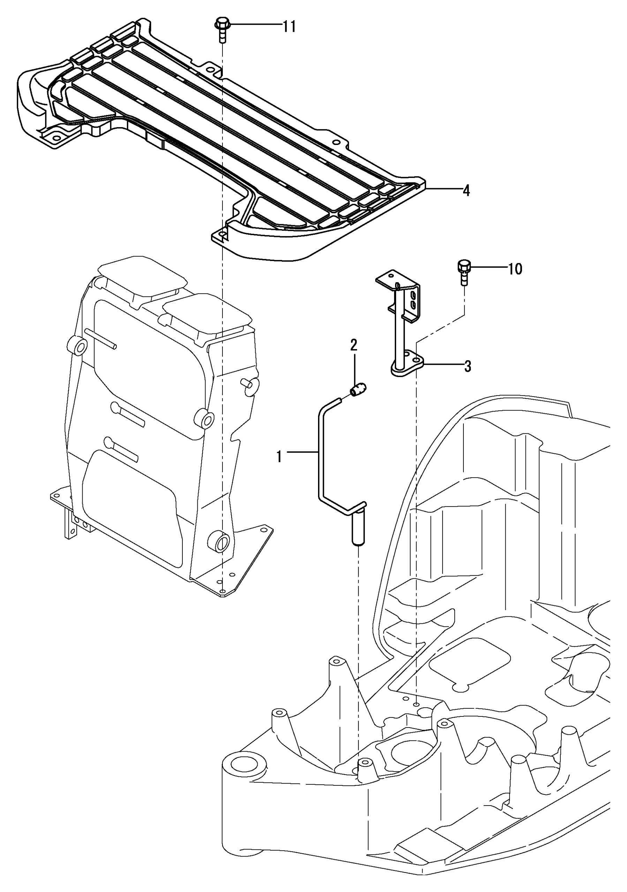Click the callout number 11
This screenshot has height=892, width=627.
289,27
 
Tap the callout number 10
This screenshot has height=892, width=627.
515,269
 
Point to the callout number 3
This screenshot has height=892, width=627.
468,366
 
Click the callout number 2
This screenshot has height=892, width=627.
354,345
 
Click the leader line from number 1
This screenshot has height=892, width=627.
303,452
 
